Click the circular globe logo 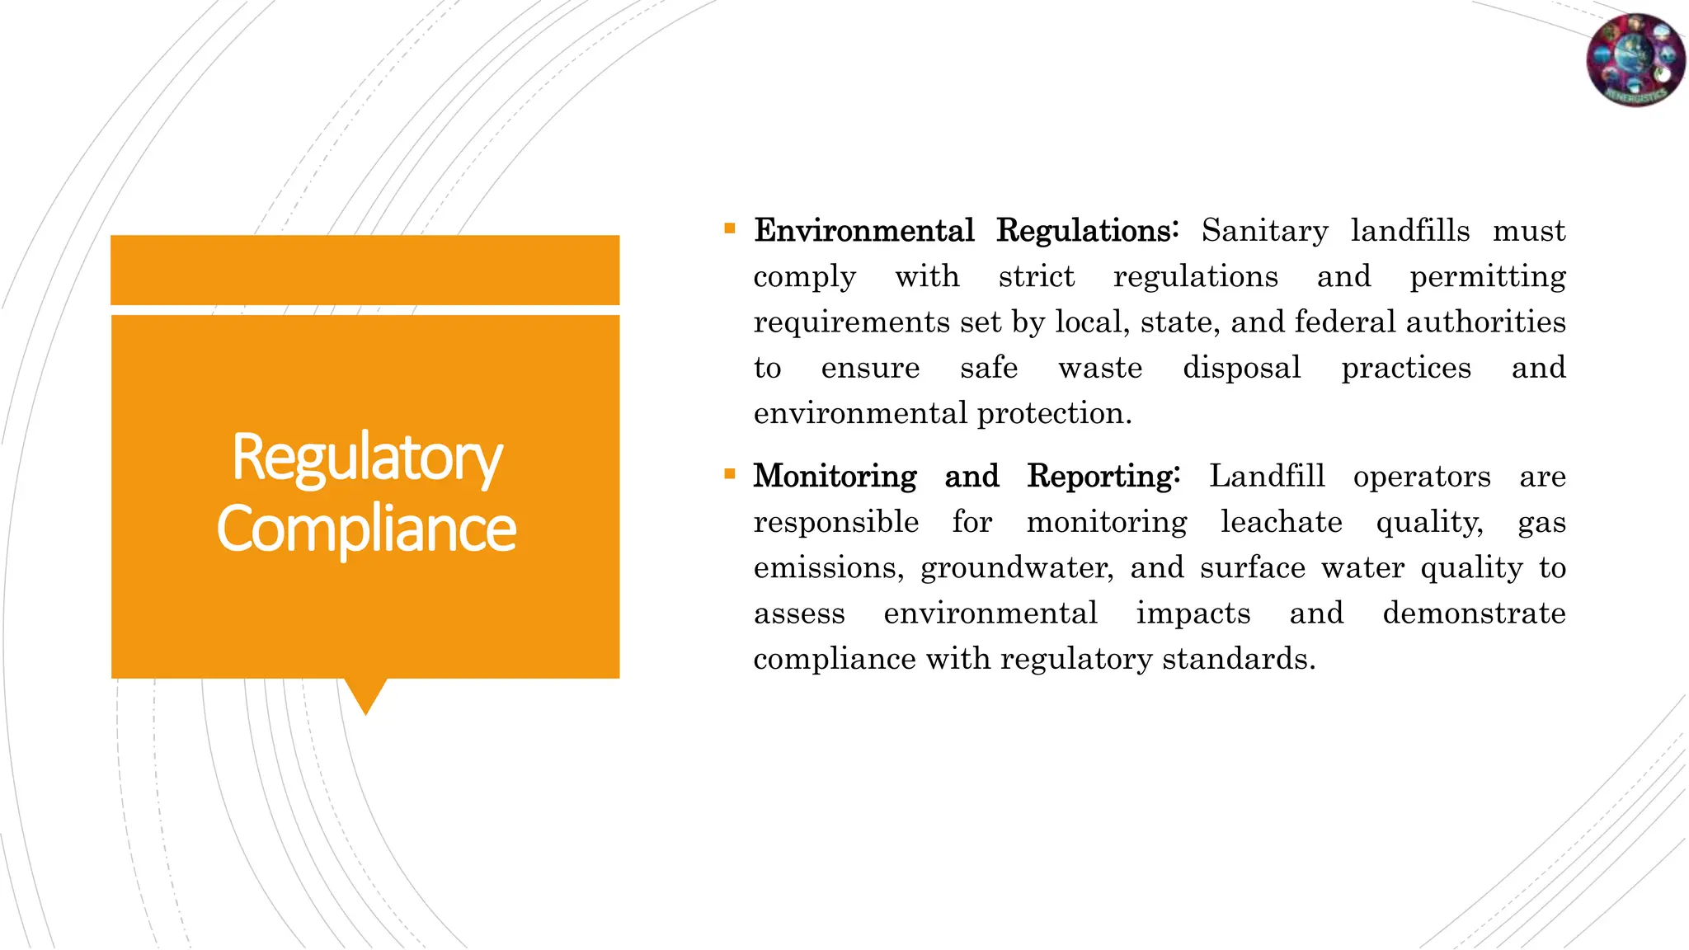tap(1636, 59)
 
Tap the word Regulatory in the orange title tap(367, 458)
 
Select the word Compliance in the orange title tap(367, 529)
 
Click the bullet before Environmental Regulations tap(730, 228)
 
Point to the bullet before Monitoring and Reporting tap(730, 474)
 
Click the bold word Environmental tap(864, 231)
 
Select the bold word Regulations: tap(1088, 231)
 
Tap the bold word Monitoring tap(835, 477)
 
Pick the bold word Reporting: tap(1103, 477)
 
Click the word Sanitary tap(1264, 231)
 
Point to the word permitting tap(1487, 277)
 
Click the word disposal tap(1241, 368)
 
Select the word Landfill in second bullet tap(1267, 477)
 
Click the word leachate tap(1281, 522)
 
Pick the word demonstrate tap(1474, 614)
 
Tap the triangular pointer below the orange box tap(365, 694)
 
